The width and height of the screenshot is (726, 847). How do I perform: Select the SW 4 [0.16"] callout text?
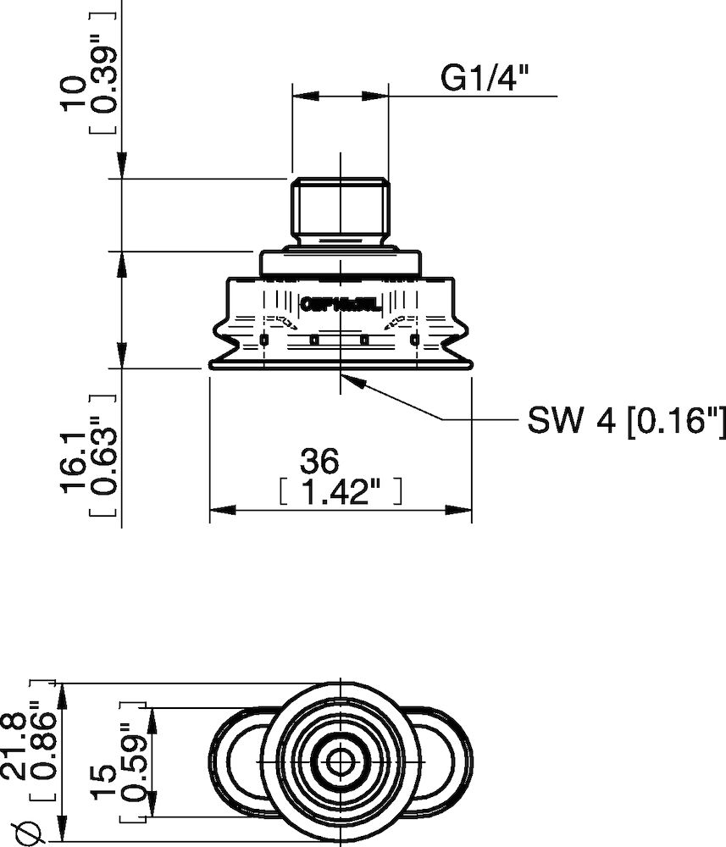[x=627, y=419]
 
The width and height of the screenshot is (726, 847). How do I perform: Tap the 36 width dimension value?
[x=319, y=462]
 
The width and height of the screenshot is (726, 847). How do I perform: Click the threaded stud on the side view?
[x=340, y=208]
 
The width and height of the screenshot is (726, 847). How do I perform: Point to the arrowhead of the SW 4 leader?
[x=352, y=382]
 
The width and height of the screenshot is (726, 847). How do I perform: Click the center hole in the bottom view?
[x=340, y=761]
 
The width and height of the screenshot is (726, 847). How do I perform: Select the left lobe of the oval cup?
[x=237, y=761]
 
